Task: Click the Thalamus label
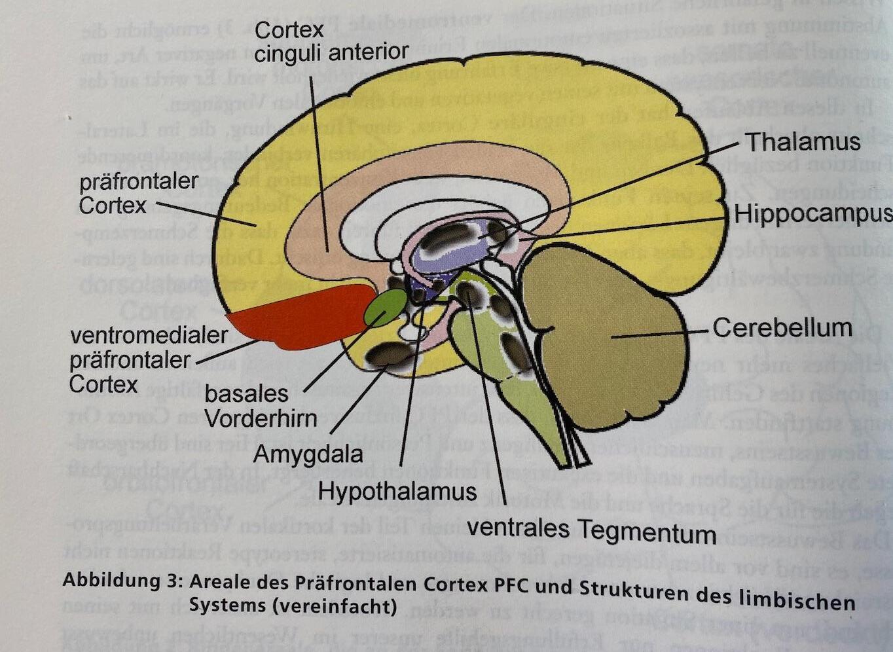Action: [803, 142]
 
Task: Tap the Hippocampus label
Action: [812, 214]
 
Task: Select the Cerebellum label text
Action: [782, 327]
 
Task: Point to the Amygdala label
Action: [308, 453]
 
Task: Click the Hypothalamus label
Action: [397, 490]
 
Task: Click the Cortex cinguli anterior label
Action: [331, 41]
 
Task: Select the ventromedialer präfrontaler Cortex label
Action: [148, 359]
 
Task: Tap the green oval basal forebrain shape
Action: [385, 308]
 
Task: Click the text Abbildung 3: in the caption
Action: [122, 581]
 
